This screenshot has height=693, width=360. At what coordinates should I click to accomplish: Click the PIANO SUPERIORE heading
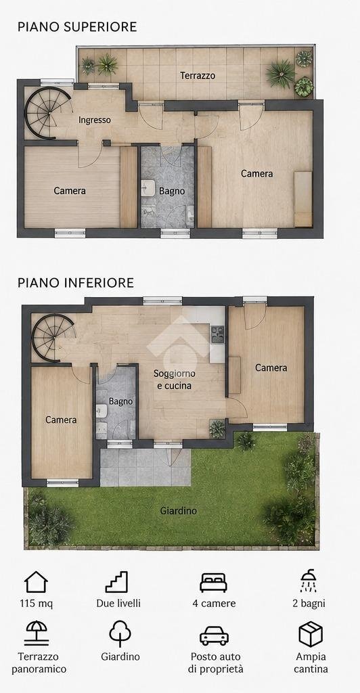pos(77,26)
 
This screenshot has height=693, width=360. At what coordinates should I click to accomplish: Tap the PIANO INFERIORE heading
pos(76,282)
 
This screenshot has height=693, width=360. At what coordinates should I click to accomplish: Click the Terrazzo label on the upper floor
pos(198,76)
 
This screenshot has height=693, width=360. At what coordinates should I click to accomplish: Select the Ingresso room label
pos(95,120)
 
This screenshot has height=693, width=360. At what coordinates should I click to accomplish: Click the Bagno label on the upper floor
pos(172,192)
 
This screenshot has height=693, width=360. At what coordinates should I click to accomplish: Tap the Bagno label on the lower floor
pos(120,401)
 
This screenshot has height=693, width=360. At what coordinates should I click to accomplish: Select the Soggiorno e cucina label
pos(175,380)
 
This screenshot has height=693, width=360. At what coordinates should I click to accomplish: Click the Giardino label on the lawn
pos(179,511)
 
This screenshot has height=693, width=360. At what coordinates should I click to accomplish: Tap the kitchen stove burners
pos(217,334)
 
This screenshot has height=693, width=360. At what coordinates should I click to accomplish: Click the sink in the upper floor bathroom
pos(148,188)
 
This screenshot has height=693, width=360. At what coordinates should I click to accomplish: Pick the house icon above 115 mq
pos(36,581)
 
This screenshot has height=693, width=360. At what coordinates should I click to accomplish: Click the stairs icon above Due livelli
pos(116,581)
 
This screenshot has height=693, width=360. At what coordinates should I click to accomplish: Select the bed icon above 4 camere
pos(213,583)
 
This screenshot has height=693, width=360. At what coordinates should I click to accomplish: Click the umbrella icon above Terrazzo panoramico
pos(37,633)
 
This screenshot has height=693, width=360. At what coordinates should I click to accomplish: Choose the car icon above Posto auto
pos(215,635)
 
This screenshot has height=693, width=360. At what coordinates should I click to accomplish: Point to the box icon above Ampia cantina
pos(311,633)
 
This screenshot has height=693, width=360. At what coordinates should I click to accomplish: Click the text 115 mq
pos(37,604)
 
